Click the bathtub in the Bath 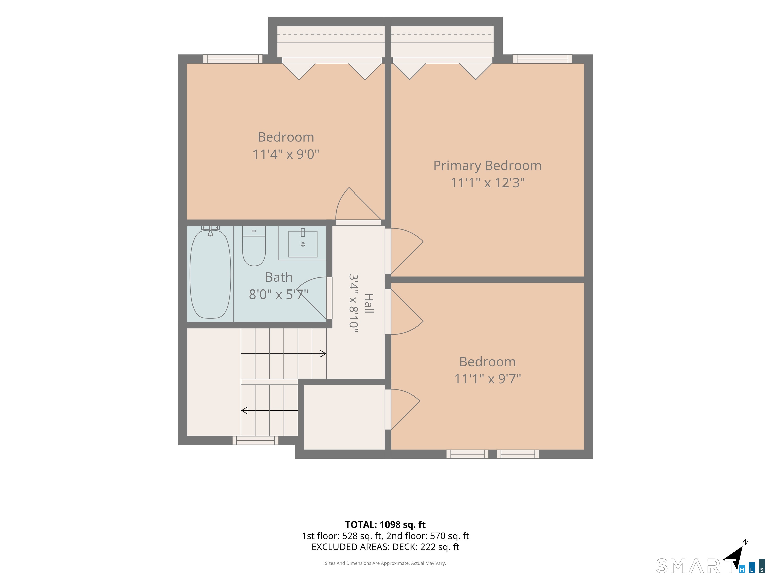point(210,274)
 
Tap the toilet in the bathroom point(254,246)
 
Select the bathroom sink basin point(303,244)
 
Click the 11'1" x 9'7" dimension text point(487,379)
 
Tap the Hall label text point(369,303)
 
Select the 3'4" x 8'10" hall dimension point(353,303)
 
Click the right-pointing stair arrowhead point(323,354)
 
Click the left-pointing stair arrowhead point(244,410)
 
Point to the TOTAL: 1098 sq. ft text point(385,524)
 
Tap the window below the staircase point(255,441)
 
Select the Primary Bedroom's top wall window point(542,59)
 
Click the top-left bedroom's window point(233,59)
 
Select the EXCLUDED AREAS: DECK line point(385,547)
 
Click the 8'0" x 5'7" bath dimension point(279,294)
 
